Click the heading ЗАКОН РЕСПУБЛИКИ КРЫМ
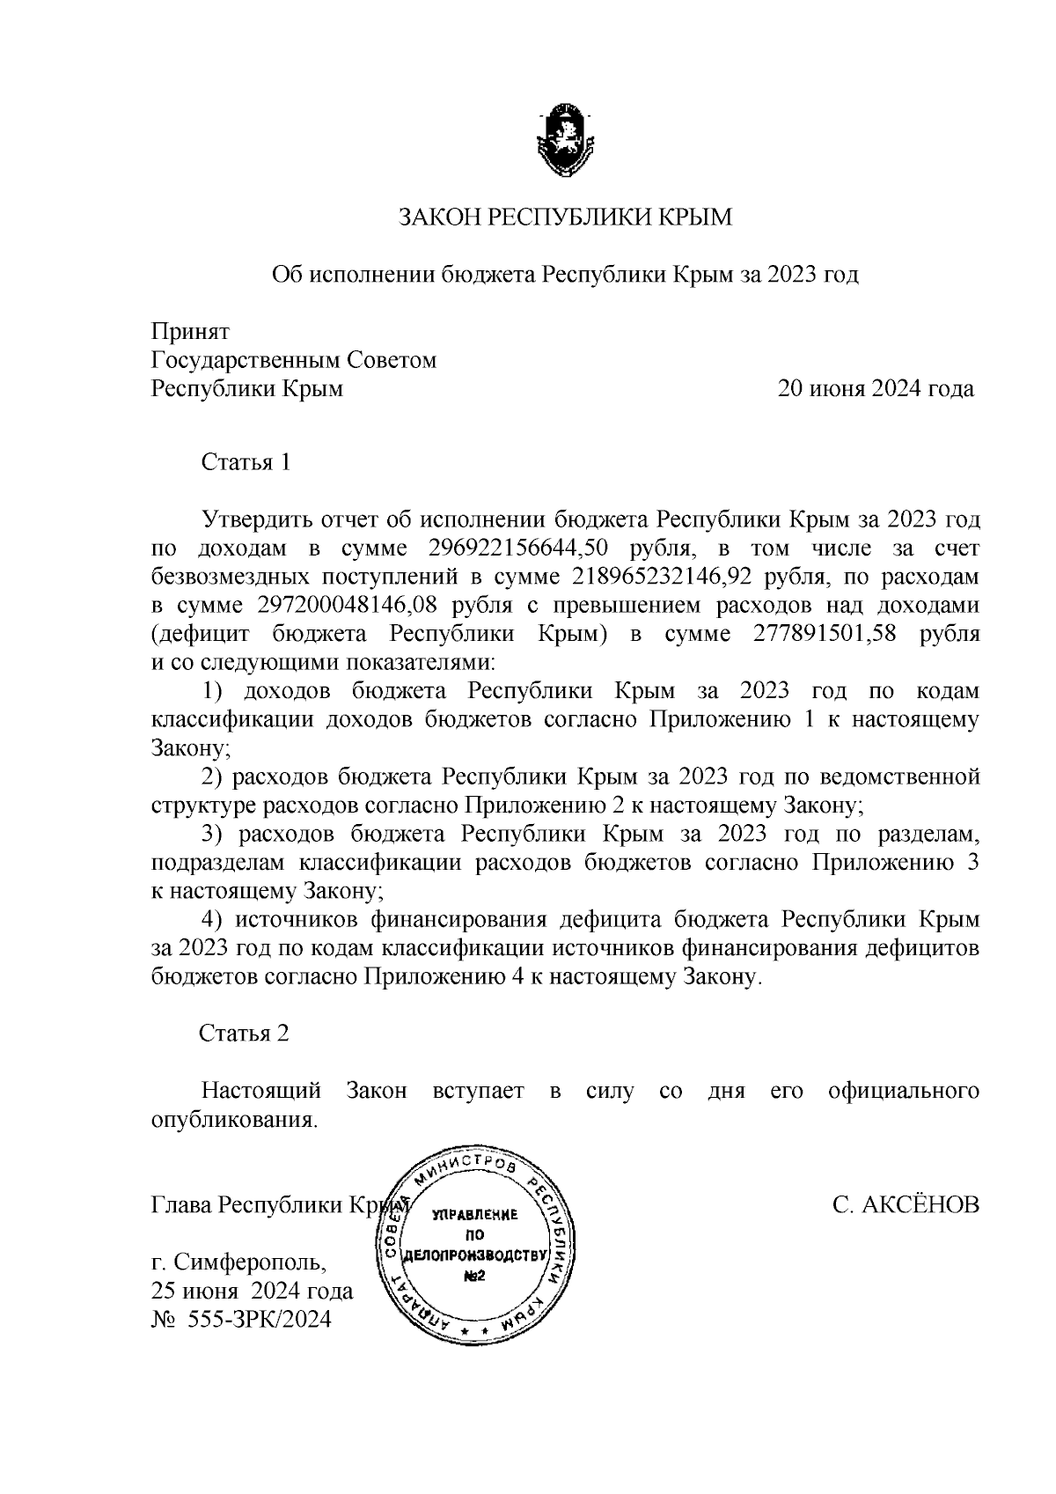(x=565, y=217)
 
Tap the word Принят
(x=190, y=332)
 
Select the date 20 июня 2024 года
(x=875, y=389)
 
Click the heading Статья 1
(x=246, y=462)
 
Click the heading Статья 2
(x=244, y=1033)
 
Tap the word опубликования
(x=233, y=1121)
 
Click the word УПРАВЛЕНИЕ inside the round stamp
(x=474, y=1215)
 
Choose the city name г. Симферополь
(x=238, y=1262)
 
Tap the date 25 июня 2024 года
(x=253, y=1291)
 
